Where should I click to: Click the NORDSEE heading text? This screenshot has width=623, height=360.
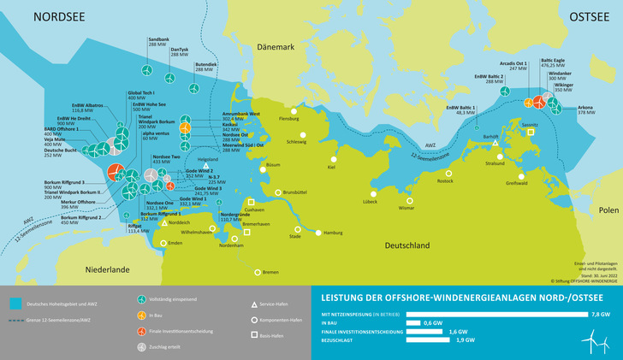[60, 16]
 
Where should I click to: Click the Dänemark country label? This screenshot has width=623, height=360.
[274, 48]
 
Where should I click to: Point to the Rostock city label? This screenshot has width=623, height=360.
[445, 180]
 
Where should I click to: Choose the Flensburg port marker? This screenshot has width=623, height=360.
[293, 111]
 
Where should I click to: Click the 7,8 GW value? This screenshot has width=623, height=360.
[601, 315]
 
